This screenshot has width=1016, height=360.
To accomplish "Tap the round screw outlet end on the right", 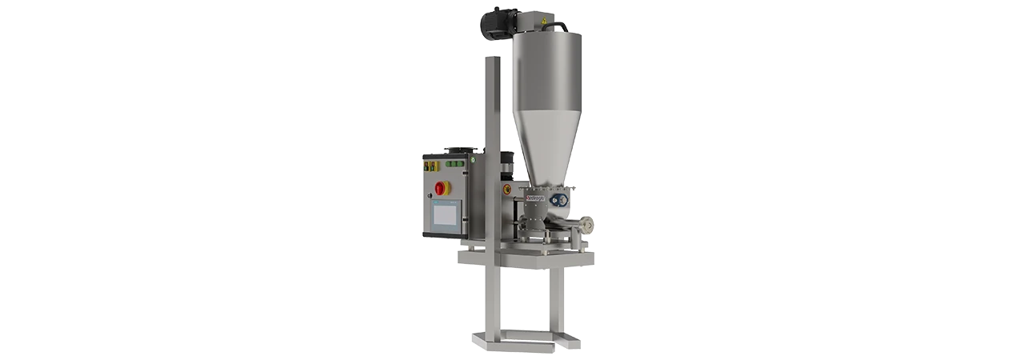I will pyautogui.click(x=590, y=227).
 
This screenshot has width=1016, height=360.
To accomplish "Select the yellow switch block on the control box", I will pyautogui.click(x=430, y=166).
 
